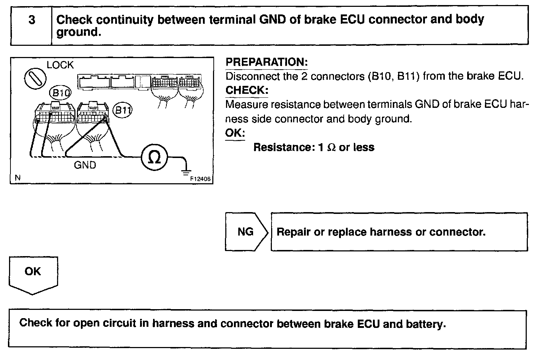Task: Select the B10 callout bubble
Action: (60, 93)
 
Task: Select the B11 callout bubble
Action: (123, 110)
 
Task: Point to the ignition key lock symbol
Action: (35, 78)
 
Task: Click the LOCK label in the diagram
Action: (60, 65)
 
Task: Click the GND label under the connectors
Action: (85, 165)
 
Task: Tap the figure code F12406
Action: (200, 178)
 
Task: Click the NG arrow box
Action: (246, 232)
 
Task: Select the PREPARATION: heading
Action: (266, 62)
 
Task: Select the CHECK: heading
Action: (247, 90)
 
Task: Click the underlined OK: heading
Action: (235, 133)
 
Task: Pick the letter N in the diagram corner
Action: (17, 177)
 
